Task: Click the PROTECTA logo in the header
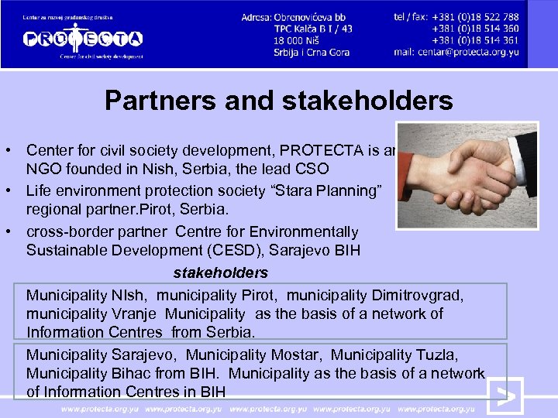[82, 38]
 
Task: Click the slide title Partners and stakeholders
[278, 100]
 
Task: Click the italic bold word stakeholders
[220, 272]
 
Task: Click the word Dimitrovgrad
[422, 295]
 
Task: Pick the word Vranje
[139, 313]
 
